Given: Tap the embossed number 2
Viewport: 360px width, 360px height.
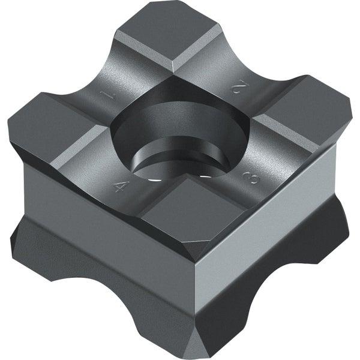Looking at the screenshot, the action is [x=239, y=86].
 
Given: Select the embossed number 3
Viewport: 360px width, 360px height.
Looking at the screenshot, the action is [x=251, y=178].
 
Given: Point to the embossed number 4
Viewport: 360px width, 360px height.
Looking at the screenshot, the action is [x=121, y=185].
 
